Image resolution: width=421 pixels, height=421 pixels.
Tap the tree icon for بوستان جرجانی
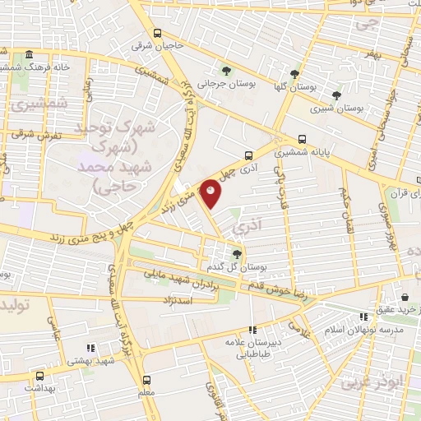coord(227,69)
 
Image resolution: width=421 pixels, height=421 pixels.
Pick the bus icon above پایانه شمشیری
coord(302,139)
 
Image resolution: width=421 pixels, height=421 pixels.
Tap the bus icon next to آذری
coord(248,154)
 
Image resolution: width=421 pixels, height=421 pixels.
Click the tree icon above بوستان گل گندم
coord(237,254)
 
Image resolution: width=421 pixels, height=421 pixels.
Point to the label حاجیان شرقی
coord(155,45)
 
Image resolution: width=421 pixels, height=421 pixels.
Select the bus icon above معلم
coord(146,380)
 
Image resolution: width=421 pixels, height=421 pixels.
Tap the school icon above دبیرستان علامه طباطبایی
coord(252,329)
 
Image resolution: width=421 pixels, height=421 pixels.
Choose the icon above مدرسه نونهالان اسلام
coord(363,317)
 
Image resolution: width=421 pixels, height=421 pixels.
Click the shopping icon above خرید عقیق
coord(405,297)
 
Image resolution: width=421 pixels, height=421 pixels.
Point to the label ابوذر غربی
coord(363,382)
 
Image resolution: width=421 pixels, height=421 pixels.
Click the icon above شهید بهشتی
coord(90,347)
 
